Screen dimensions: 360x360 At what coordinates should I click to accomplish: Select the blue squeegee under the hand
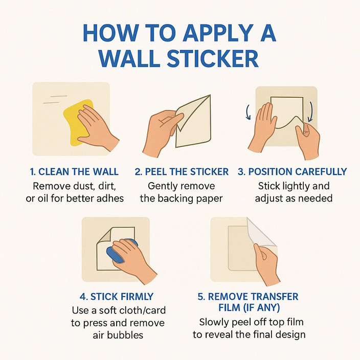(117, 253)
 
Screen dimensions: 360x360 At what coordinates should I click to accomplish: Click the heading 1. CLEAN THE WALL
(75, 172)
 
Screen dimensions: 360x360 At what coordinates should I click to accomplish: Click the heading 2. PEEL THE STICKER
(182, 172)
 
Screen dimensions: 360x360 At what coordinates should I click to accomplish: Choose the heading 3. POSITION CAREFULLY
(292, 172)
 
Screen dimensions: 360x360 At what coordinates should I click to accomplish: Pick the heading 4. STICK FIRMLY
(118, 297)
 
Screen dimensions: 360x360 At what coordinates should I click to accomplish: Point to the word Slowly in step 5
(213, 322)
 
